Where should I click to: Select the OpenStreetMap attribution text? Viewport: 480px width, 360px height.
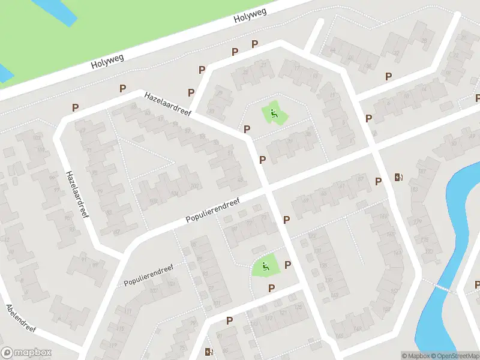[454, 356]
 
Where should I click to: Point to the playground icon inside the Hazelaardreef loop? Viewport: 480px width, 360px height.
[273, 112]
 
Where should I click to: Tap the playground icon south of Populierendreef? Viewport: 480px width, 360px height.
[263, 266]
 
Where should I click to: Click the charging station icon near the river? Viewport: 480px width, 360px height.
[398, 177]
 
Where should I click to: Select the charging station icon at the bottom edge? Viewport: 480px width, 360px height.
[209, 352]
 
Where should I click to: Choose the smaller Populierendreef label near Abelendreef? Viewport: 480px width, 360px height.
[148, 274]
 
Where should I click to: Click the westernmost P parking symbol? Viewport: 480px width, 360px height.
[75, 108]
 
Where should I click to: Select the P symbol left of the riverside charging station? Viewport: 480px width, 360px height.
[378, 181]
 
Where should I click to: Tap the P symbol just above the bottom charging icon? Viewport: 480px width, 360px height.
[229, 321]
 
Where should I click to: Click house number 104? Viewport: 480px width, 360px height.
[174, 194]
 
